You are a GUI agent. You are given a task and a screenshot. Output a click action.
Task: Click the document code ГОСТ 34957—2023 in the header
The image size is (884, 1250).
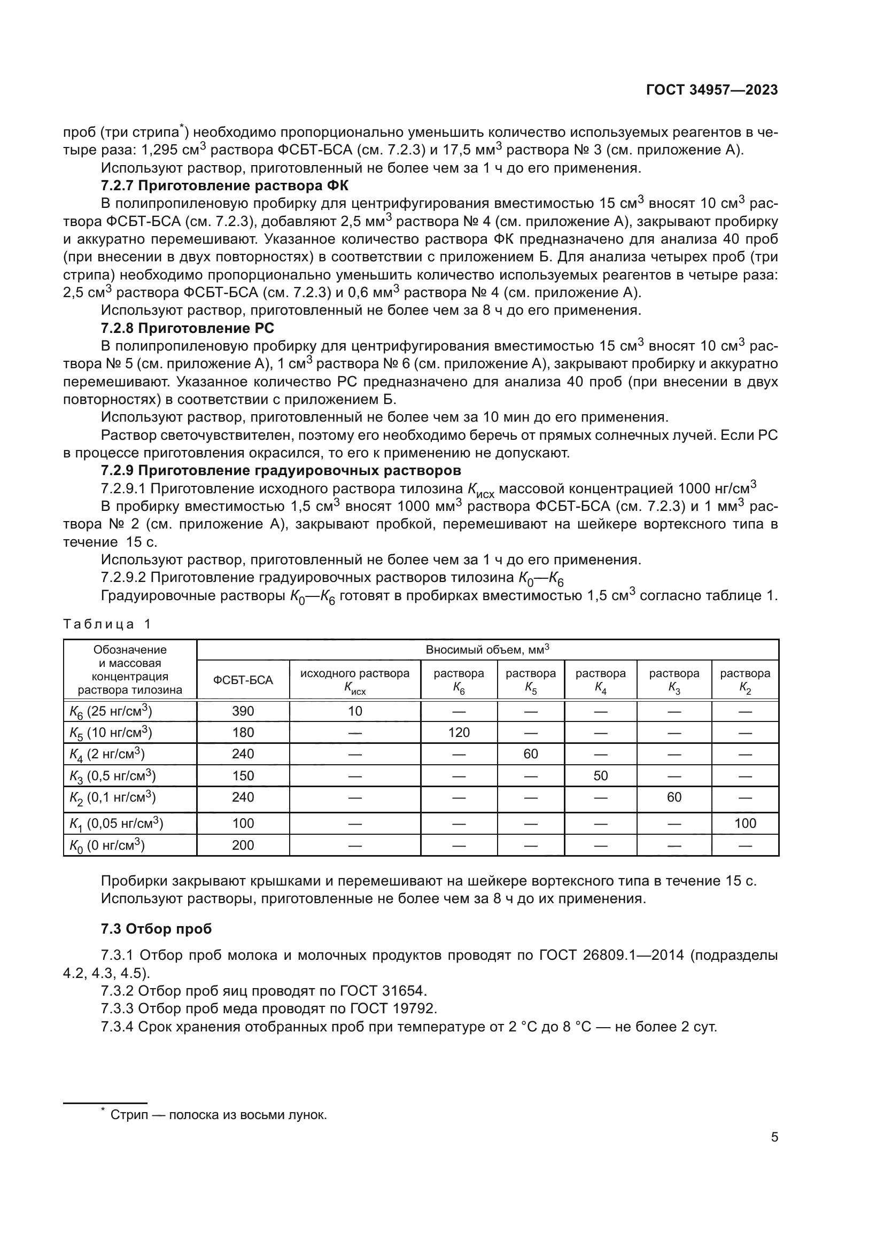pyautogui.click(x=711, y=90)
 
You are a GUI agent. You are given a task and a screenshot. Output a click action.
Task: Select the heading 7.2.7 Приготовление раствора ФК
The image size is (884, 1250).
pyautogui.click(x=224, y=185)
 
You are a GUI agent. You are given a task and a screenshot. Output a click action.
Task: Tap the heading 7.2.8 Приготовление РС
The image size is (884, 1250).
pyautogui.click(x=187, y=328)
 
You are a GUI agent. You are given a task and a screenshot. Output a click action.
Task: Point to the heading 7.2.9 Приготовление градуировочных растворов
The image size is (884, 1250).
pyautogui.click(x=281, y=470)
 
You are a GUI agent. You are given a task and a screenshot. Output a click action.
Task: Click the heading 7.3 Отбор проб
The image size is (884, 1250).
pyautogui.click(x=156, y=929)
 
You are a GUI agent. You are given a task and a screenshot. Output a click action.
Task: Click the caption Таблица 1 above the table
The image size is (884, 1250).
pyautogui.click(x=107, y=624)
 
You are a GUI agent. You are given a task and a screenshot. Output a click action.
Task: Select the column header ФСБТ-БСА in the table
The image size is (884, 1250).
pyautogui.click(x=243, y=680)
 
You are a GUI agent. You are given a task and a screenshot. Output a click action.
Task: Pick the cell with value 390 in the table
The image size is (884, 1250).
pyautogui.click(x=243, y=711)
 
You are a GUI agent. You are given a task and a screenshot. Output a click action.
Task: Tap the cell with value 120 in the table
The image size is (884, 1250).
pyautogui.click(x=459, y=732)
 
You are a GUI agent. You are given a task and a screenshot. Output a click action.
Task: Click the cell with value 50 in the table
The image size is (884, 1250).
pyautogui.click(x=600, y=776)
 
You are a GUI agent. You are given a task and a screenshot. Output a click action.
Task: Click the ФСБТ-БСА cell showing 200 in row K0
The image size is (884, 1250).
pyautogui.click(x=243, y=845)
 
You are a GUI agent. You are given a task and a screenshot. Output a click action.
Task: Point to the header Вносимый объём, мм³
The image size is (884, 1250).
pyautogui.click(x=487, y=649)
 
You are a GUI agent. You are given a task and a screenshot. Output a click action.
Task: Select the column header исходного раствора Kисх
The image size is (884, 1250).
pyautogui.click(x=355, y=680)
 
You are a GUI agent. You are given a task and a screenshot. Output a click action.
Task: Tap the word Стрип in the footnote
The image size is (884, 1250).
pyautogui.click(x=129, y=1114)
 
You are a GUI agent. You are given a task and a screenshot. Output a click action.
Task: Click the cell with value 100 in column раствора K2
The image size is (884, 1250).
pyautogui.click(x=745, y=823)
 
